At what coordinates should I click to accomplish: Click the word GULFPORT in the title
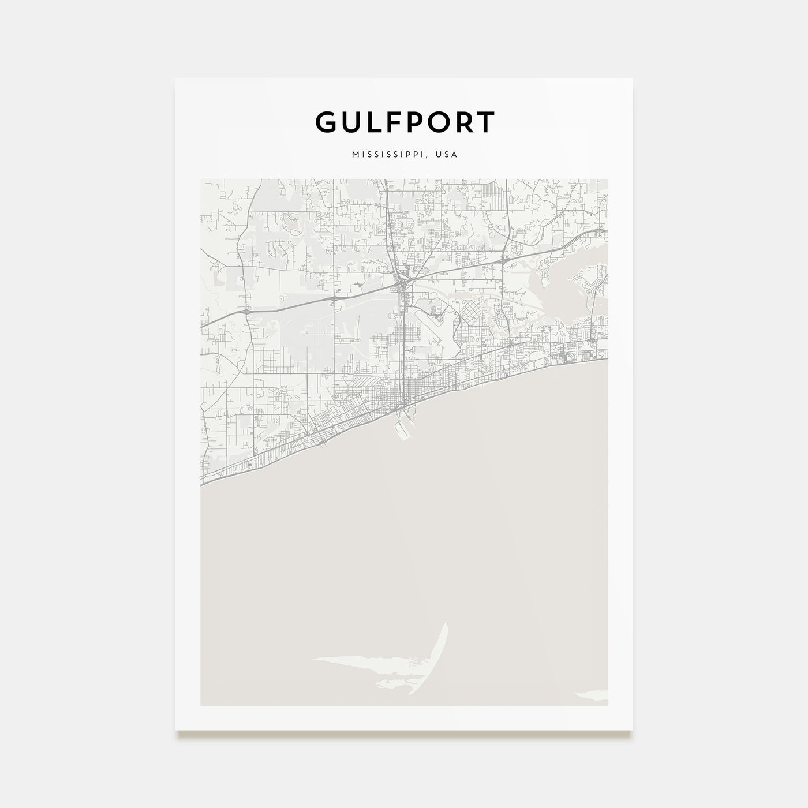point(404,122)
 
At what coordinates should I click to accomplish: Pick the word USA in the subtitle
point(447,155)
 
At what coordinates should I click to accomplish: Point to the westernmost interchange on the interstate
point(247,312)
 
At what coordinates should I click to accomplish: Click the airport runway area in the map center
point(430,323)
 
